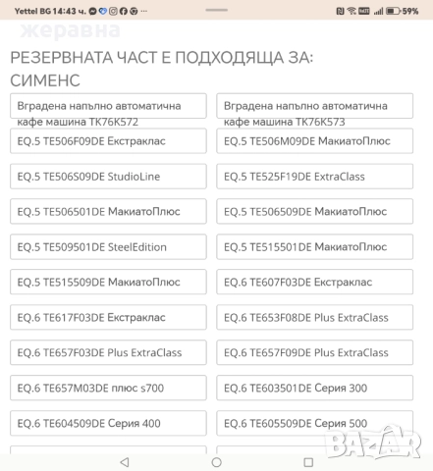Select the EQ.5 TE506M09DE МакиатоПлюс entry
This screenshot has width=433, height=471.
(315, 141)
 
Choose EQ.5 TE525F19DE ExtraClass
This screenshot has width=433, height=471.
(315, 177)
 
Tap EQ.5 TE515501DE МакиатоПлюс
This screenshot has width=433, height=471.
(315, 247)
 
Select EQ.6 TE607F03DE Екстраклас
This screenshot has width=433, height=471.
(315, 283)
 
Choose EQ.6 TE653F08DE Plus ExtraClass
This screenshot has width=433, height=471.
(315, 318)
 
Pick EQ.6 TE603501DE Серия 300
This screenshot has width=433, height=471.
(315, 389)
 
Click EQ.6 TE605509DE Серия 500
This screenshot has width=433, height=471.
(315, 424)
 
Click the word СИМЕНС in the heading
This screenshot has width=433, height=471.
(45, 79)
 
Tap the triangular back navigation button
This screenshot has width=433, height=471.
(124, 461)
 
